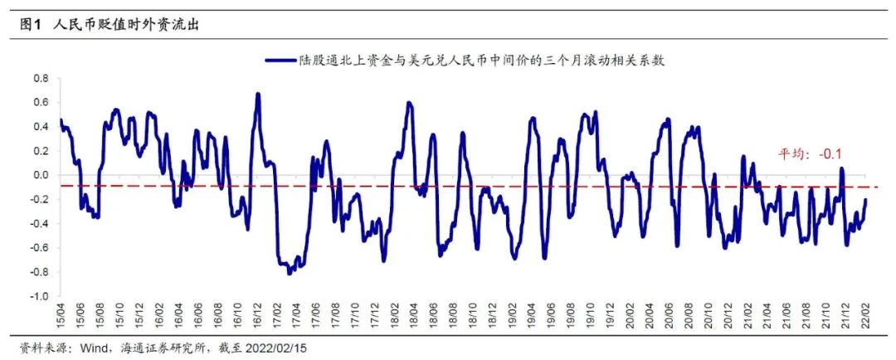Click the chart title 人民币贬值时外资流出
[126, 25]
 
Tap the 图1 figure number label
[31, 25]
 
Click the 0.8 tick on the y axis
[41, 79]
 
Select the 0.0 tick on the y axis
[41, 175]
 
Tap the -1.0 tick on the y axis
[39, 296]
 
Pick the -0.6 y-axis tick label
[39, 248]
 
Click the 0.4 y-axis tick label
[41, 127]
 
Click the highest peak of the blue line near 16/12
[258, 94]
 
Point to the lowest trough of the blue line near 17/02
[289, 273]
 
